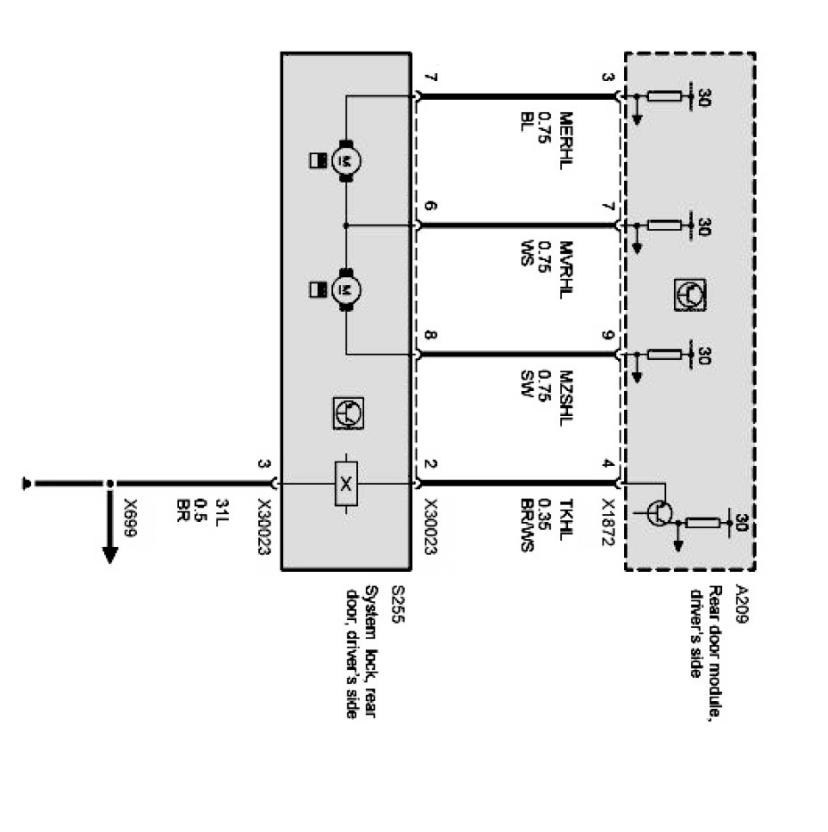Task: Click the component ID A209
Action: [742, 603]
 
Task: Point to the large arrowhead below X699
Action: [110, 553]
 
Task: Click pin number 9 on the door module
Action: [609, 336]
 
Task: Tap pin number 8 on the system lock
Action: [430, 336]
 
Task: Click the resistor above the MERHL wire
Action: [663, 97]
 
